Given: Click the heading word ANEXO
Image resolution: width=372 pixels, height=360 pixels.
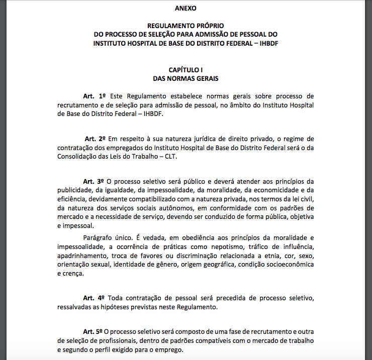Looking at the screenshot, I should tap(185, 8).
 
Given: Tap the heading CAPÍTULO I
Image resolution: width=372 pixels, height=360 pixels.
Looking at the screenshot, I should tap(185, 70).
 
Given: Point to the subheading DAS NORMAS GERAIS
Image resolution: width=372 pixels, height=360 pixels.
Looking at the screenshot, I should tap(185, 78).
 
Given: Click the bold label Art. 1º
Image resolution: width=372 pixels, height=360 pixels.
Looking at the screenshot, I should tap(95, 95).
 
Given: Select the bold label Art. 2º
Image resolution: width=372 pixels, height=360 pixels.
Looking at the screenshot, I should tap(95, 138).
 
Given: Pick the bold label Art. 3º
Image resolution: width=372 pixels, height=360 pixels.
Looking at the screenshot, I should tap(94, 181).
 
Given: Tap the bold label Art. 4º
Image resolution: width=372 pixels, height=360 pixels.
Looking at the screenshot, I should tap(94, 298).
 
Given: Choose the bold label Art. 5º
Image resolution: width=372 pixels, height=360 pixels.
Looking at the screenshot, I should tap(93, 331).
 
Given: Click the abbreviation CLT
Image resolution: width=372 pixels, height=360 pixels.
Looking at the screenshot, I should tap(172, 156).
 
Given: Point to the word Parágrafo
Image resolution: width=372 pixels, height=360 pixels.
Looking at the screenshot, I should tap(98, 237).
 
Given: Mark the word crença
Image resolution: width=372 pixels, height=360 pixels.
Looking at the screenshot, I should tap(72, 274).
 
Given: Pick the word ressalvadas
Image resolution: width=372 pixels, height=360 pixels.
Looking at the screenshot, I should tap(75, 307).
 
